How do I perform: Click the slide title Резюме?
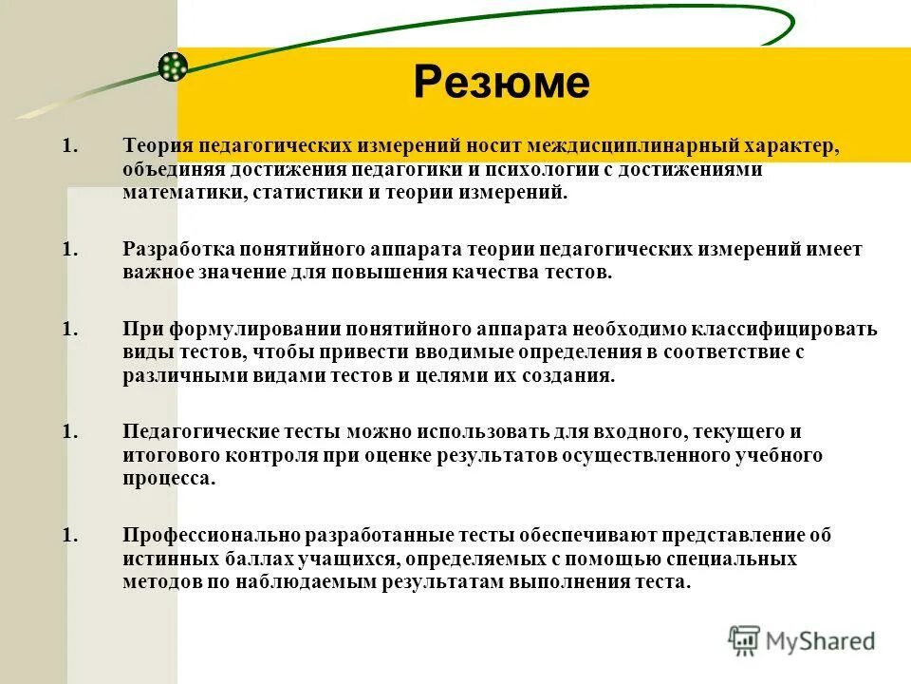point(501,83)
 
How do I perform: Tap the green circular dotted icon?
point(173,66)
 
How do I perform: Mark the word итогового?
point(167,455)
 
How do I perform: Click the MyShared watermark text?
point(820,640)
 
